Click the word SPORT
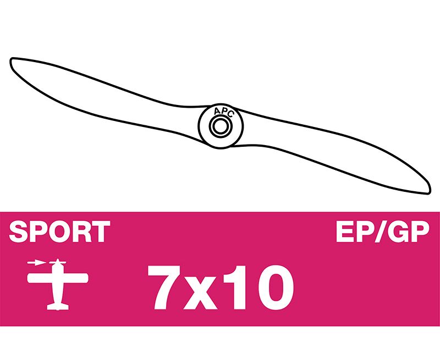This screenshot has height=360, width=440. [59, 231]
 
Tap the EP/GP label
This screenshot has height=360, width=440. [382, 232]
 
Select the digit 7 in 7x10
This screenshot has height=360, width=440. [164, 287]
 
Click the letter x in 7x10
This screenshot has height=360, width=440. [200, 293]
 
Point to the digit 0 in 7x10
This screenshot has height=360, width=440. [273, 287]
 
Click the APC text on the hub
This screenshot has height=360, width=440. [224, 112]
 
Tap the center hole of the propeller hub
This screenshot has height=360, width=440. [221, 126]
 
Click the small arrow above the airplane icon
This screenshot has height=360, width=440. [36, 263]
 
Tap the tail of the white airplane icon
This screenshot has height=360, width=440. [58, 307]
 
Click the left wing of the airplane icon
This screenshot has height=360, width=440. [40, 278]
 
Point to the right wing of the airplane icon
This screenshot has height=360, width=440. [75, 278]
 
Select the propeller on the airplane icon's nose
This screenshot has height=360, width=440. [58, 263]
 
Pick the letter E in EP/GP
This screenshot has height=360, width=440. [344, 232]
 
